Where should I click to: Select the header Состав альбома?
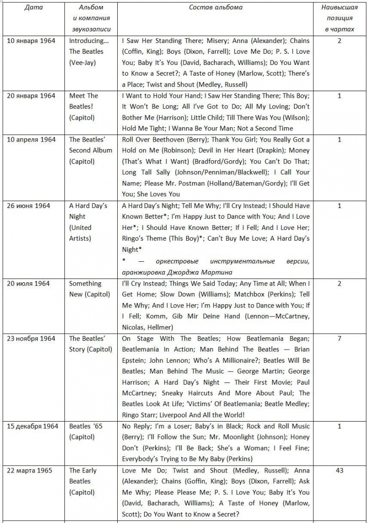[215, 7]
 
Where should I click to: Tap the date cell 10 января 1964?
[31, 41]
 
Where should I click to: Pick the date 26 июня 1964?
[28, 206]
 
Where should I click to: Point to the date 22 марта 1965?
[28, 470]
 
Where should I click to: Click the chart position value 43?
[340, 470]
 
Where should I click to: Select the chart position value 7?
[340, 338]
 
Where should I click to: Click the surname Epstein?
[134, 360]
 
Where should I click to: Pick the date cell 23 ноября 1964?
[31, 338]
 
